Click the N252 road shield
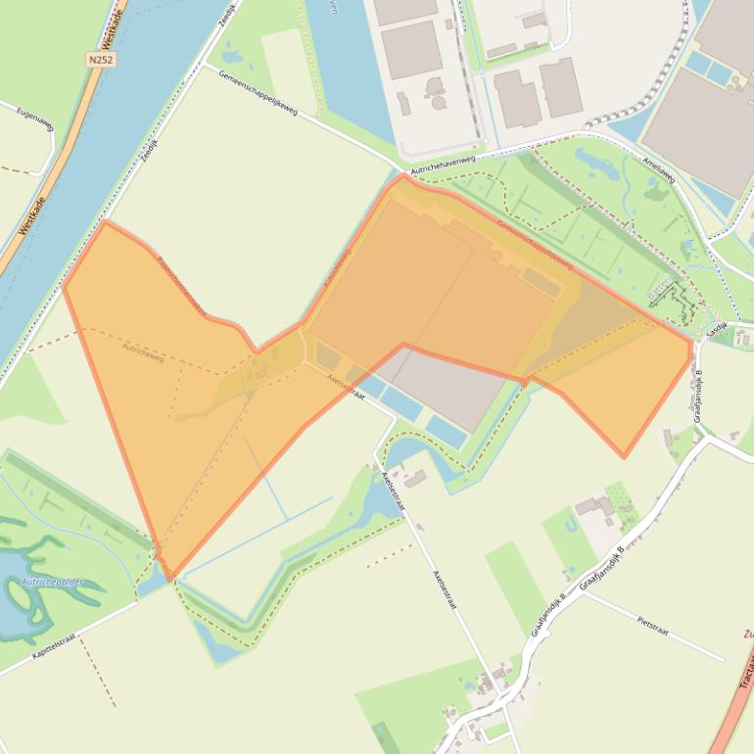pos(100,60)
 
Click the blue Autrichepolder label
pos(51,583)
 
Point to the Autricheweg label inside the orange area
pos(143,353)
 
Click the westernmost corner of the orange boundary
pos(64,287)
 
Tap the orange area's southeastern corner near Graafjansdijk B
pos(624,456)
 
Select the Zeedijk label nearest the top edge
pos(229,16)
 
